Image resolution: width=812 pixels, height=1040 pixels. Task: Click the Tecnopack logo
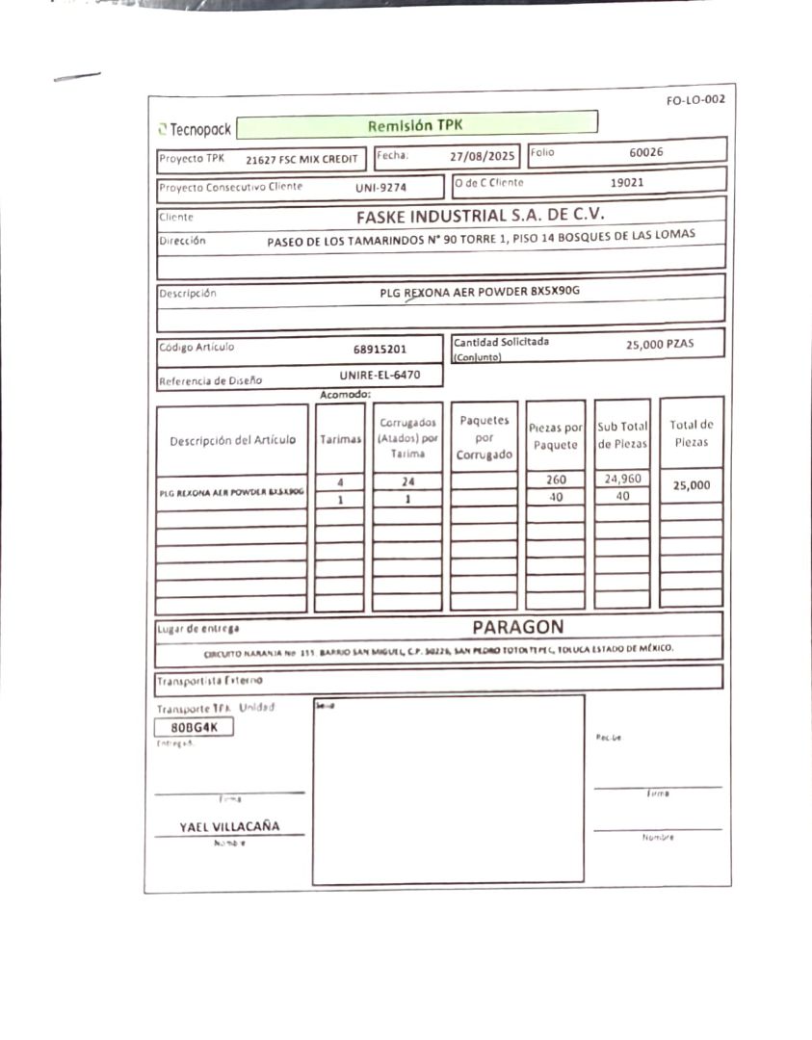[195, 129]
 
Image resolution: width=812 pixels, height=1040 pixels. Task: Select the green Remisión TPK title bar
[415, 125]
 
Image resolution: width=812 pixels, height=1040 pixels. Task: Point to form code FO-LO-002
[694, 100]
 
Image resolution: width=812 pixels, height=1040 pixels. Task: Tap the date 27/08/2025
[484, 155]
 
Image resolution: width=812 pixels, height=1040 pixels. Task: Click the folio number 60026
[645, 152]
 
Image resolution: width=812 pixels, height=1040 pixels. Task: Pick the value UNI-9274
[380, 188]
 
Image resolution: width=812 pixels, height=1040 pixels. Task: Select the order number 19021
[627, 181]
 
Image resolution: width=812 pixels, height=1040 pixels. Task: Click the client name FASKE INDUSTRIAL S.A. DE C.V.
[480, 216]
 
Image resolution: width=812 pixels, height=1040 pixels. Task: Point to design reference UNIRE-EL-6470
[380, 375]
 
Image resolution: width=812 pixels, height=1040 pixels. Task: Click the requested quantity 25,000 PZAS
[660, 344]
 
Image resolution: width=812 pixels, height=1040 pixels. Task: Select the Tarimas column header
[340, 439]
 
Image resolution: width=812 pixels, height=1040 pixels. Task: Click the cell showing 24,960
[622, 479]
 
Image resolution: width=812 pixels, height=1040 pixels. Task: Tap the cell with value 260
[556, 480]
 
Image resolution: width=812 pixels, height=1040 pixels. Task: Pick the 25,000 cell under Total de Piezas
[691, 485]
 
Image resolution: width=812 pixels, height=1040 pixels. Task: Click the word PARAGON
[518, 627]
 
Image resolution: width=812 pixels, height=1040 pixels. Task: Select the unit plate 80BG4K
[195, 727]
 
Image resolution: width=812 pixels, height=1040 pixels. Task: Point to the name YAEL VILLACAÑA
[229, 826]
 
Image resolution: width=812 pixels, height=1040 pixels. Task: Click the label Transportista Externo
[209, 681]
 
